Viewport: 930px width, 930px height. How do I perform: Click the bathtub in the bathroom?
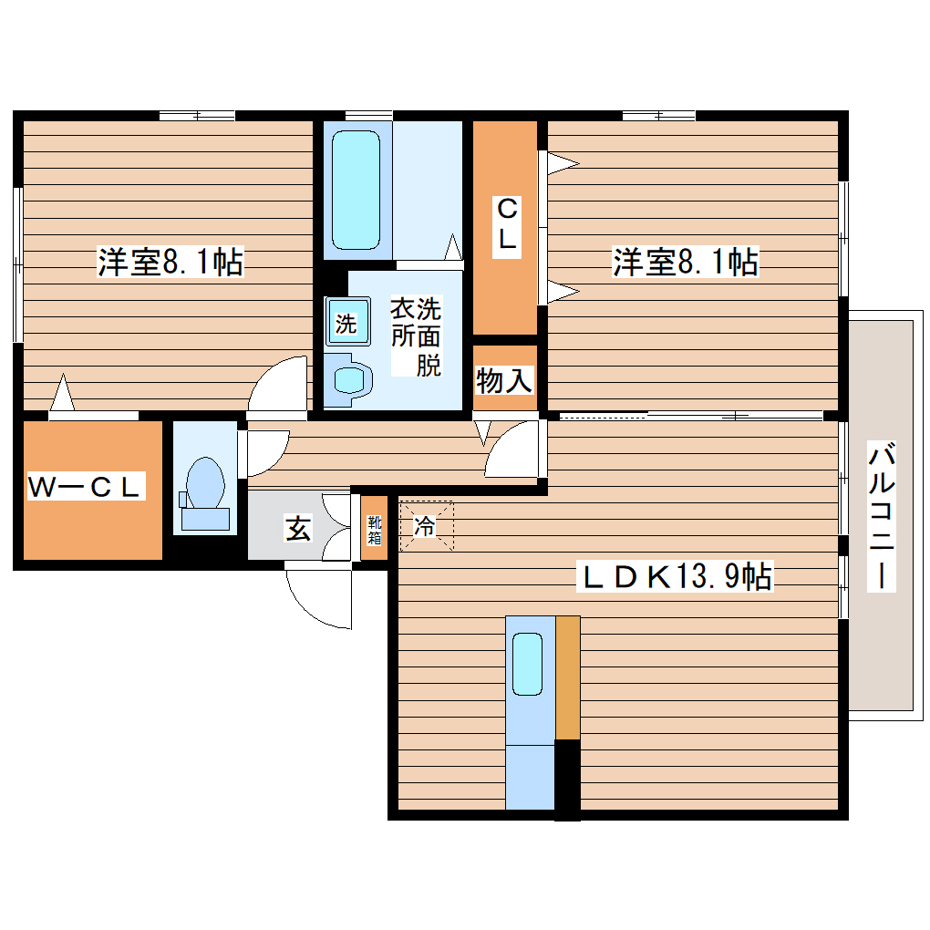356,190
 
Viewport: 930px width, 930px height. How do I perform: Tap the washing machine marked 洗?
347,322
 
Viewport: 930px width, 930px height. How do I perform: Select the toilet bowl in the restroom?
205,483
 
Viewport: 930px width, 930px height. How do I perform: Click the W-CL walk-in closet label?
85,486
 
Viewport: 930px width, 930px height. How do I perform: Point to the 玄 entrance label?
298,528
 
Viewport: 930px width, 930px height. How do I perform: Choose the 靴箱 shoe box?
374,529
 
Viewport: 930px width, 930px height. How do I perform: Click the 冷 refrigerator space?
426,525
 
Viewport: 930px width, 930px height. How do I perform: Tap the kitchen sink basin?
527,664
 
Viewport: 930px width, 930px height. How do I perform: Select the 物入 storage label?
504,380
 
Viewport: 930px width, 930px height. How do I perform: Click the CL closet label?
507,225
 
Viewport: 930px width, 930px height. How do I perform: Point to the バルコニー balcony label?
882,515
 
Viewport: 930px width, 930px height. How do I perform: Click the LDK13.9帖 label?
676,575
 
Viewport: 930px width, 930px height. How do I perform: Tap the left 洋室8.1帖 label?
170,261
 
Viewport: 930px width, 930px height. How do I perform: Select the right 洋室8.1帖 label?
686,261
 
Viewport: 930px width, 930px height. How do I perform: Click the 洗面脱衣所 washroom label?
416,336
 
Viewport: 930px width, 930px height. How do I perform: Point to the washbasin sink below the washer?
349,379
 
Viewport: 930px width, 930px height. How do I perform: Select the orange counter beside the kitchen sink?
568,677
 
